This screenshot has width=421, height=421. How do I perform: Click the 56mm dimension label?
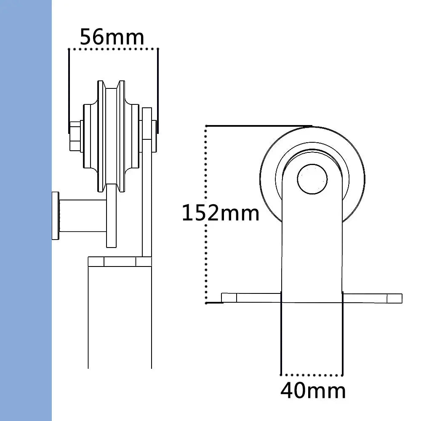pyautogui.click(x=112, y=37)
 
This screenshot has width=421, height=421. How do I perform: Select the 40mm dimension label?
pyautogui.click(x=313, y=391)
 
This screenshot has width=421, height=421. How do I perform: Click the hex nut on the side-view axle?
pyautogui.click(x=76, y=136)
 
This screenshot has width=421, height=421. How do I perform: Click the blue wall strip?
pyautogui.click(x=25, y=210)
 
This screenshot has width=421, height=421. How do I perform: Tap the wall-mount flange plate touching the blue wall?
pyautogui.click(x=55, y=216)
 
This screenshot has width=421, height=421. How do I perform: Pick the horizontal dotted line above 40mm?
pyautogui.click(x=312, y=374)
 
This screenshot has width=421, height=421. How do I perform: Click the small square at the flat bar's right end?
pyautogui.click(x=395, y=298)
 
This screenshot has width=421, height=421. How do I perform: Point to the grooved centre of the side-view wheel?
pyautogui.click(x=112, y=135)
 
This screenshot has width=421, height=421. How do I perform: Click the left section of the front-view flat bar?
pyautogui.click(x=251, y=298)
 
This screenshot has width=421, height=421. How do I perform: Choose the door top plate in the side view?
pyautogui.click(x=119, y=261)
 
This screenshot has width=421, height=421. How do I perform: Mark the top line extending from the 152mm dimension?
pyautogui.click(x=259, y=125)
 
